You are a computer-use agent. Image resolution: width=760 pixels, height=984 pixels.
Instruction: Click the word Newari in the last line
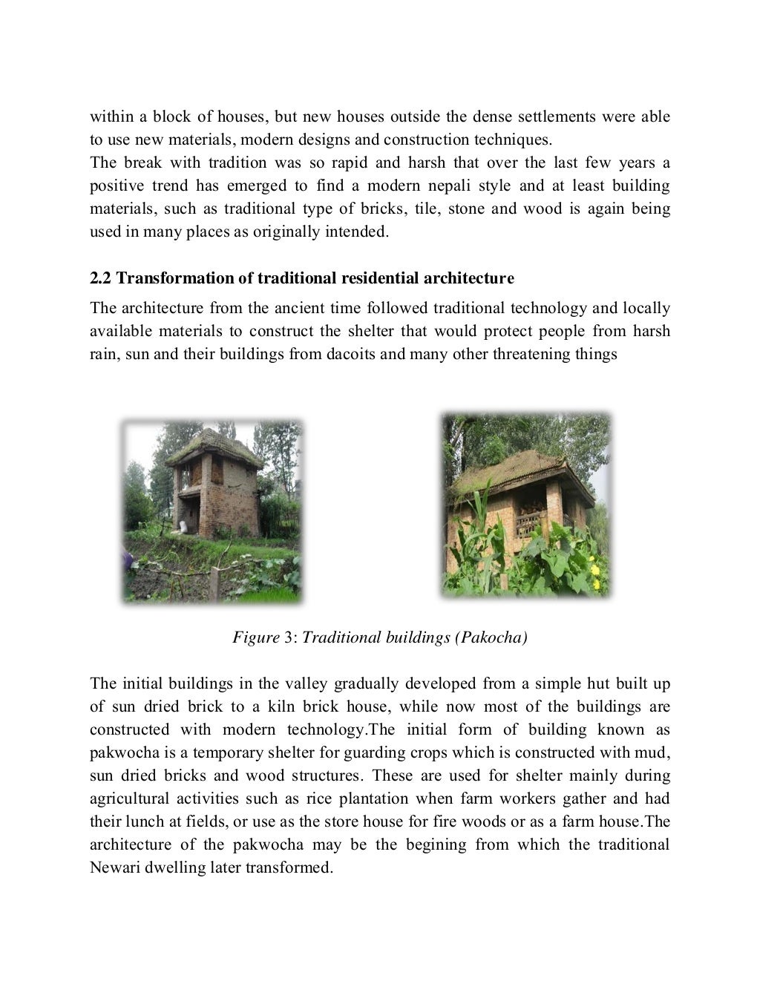114,867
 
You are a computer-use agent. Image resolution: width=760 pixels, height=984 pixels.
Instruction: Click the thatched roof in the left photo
213,446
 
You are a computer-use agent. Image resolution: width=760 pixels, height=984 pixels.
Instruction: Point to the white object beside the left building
183,527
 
